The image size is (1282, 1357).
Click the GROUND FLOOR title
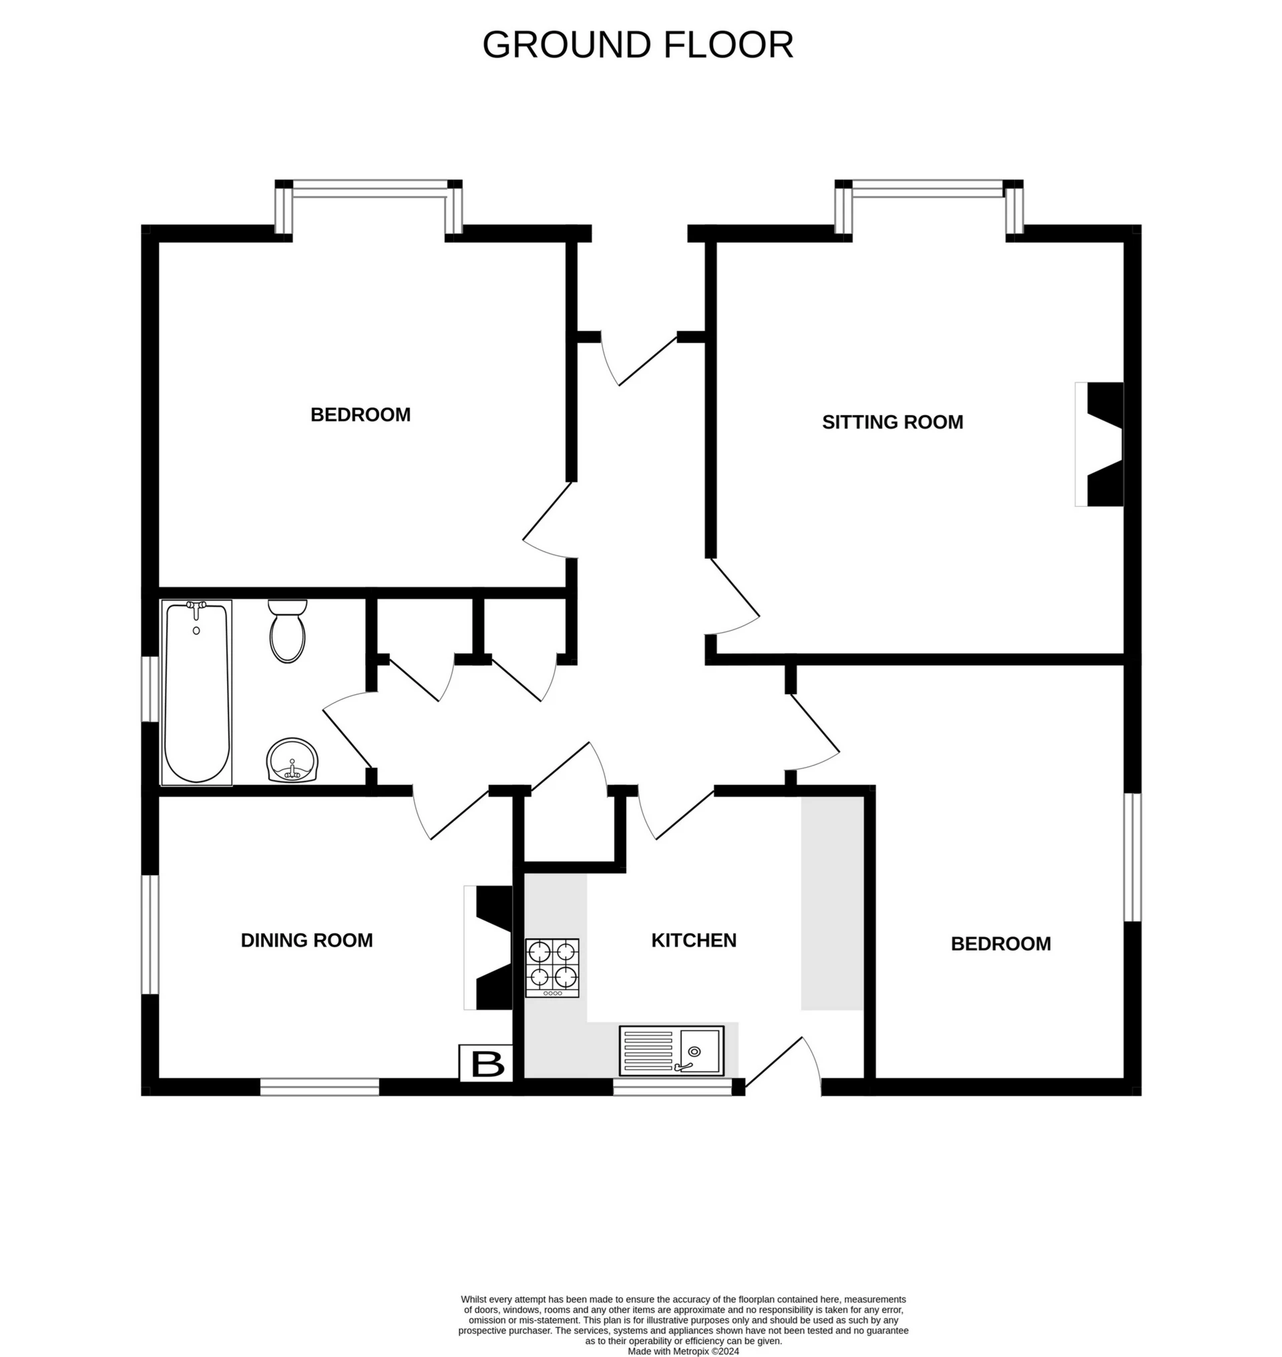point(638,45)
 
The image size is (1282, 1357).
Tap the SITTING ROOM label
point(892,423)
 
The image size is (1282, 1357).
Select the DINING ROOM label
point(307,940)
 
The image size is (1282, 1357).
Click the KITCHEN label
point(694,940)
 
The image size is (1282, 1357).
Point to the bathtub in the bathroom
point(196,692)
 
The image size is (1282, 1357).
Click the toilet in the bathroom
point(288,631)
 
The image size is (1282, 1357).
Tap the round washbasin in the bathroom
point(292,760)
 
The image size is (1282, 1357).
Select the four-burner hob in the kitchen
point(552,968)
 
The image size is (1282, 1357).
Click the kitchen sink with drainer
point(671,1050)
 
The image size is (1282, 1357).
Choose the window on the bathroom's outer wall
point(150,688)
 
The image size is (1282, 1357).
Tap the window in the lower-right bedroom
point(1132,857)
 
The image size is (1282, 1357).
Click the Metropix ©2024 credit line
point(682,1351)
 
